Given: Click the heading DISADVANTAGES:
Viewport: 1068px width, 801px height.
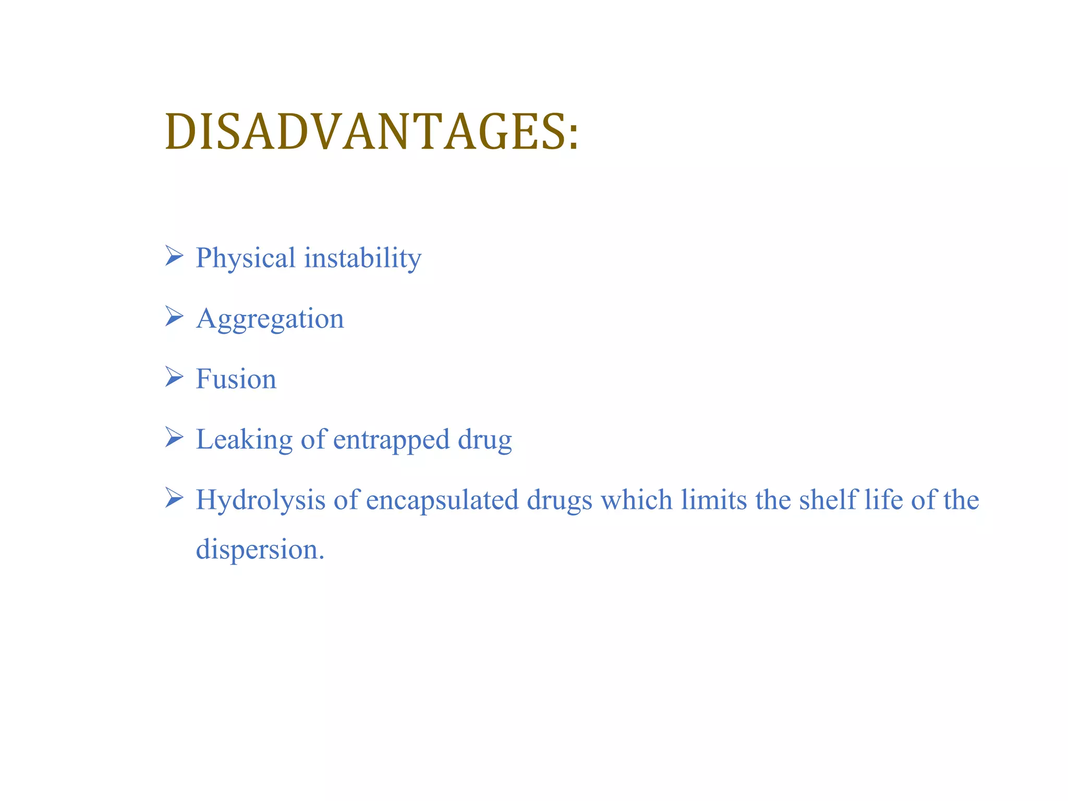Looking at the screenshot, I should click(x=371, y=132).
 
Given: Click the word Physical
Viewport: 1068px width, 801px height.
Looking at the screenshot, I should click(x=246, y=258).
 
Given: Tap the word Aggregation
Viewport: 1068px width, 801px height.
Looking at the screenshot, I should click(x=270, y=319).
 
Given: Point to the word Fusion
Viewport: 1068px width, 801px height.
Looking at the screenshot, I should click(x=236, y=379).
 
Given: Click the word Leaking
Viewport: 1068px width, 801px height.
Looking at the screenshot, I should click(x=244, y=440).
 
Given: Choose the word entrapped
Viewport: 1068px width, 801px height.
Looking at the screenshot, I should click(x=391, y=440).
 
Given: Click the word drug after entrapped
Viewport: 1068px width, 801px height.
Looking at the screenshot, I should click(x=485, y=440).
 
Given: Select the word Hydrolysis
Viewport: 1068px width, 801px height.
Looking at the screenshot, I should click(x=260, y=500).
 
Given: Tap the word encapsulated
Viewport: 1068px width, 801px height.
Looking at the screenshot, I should click(x=442, y=500).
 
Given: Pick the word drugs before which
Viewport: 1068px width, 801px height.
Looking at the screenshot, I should click(x=559, y=500).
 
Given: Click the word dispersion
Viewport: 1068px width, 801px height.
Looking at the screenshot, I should click(x=260, y=550).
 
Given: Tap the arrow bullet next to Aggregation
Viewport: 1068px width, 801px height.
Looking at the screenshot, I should click(x=174, y=316).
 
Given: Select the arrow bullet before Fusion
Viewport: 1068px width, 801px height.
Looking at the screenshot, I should click(x=174, y=377).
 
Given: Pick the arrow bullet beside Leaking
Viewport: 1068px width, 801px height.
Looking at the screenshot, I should click(x=174, y=437).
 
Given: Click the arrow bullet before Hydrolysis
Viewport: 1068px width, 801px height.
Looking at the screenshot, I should click(x=174, y=497).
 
